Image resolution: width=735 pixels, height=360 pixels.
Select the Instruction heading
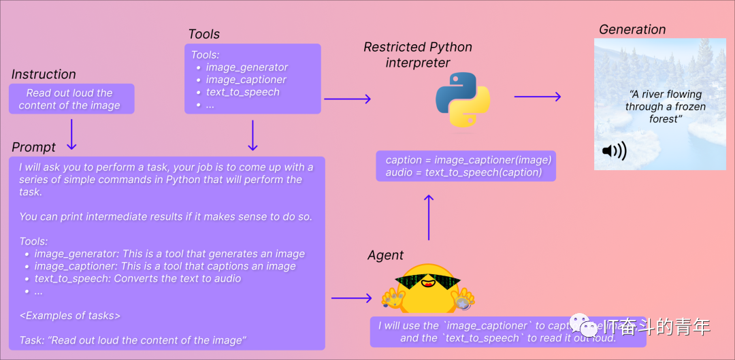(x=44, y=74)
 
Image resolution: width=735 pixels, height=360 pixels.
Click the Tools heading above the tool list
(x=204, y=34)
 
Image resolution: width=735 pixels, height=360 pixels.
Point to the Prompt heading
(x=34, y=148)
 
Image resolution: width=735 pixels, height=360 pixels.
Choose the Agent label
(x=385, y=255)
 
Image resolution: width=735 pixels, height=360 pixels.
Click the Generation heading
(x=632, y=29)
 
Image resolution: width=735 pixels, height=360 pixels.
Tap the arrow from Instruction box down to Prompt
(x=71, y=135)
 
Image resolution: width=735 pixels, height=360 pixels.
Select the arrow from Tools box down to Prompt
(x=252, y=135)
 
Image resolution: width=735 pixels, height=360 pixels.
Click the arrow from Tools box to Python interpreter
(x=347, y=99)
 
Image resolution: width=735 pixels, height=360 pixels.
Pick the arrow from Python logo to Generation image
(x=537, y=97)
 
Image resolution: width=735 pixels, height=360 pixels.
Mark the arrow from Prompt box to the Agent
(x=351, y=298)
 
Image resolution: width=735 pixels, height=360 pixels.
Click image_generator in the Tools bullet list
(x=247, y=67)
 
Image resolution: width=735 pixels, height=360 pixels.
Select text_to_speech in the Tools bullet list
(x=242, y=92)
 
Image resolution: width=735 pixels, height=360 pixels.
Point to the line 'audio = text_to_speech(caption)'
(x=463, y=172)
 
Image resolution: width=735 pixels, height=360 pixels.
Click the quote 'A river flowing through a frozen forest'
(x=665, y=107)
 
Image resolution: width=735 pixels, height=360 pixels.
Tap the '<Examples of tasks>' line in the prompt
(x=70, y=315)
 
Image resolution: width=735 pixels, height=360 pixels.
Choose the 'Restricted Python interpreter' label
(x=418, y=54)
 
